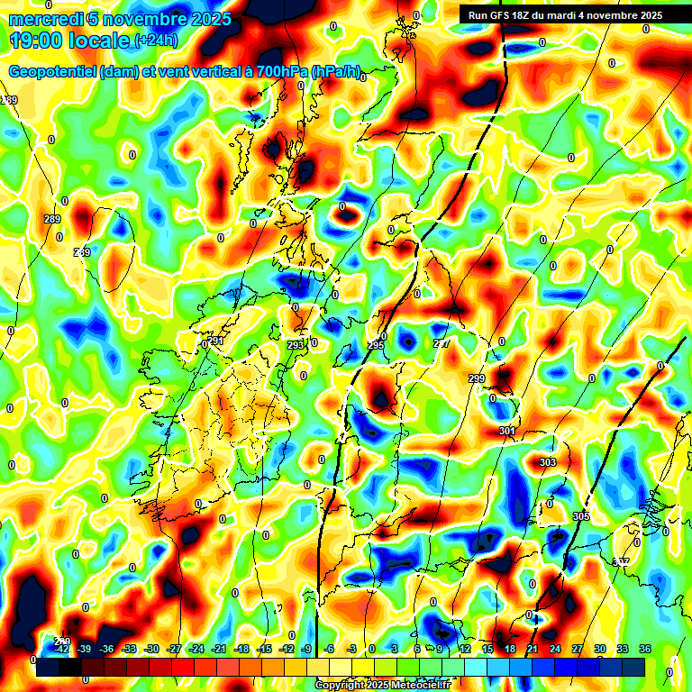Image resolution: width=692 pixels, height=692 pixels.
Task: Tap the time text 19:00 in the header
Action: [x=41, y=41]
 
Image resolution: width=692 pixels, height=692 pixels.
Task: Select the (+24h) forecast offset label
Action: [x=157, y=41]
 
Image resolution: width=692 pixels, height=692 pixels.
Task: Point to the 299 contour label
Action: [x=477, y=378]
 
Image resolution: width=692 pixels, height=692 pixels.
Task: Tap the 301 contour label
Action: [x=507, y=432]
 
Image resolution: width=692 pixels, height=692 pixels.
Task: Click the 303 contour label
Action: [x=548, y=462]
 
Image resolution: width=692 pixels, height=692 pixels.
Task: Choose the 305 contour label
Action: [x=580, y=516]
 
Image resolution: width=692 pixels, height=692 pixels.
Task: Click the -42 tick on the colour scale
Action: [x=62, y=649]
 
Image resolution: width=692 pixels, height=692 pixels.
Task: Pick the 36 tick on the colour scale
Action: [x=645, y=649]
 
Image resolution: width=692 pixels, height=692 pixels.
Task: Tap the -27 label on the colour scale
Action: [x=174, y=649]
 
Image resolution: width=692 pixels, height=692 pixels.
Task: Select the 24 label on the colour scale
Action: [x=555, y=649]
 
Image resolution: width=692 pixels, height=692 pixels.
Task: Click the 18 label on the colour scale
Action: [x=510, y=649]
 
